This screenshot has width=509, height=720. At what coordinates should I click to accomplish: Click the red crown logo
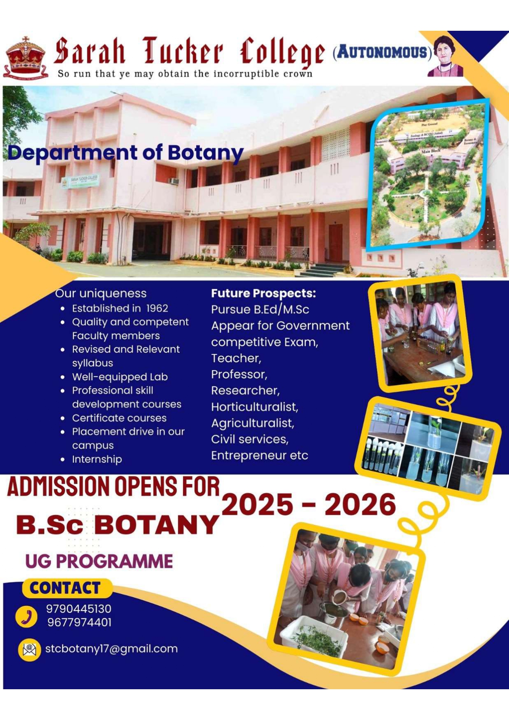(x=25, y=57)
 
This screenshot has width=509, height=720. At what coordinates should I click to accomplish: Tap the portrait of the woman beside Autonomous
(x=446, y=56)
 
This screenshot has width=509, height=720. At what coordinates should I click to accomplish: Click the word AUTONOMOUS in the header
(x=382, y=53)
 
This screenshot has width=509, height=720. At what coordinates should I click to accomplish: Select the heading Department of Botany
(x=126, y=153)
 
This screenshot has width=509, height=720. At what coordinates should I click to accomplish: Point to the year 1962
(x=157, y=309)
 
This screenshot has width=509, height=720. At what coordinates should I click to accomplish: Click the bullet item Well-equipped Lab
(x=120, y=377)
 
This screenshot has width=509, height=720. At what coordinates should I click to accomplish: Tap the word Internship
(x=97, y=459)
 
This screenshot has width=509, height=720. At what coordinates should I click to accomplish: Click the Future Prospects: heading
(x=263, y=293)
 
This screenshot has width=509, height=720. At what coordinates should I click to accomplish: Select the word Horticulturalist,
(x=254, y=407)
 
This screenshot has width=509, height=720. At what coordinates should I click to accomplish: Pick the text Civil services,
(x=250, y=439)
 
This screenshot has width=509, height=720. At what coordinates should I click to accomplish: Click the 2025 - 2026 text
(x=309, y=505)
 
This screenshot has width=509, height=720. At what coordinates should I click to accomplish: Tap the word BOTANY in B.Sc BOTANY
(x=157, y=525)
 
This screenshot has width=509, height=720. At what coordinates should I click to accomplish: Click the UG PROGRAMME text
(x=99, y=562)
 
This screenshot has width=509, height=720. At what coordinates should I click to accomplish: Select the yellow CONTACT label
(x=66, y=588)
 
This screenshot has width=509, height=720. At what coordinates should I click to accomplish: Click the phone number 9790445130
(x=79, y=609)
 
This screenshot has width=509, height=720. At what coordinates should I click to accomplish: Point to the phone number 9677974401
(x=79, y=622)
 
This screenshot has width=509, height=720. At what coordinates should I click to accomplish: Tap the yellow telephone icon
(x=27, y=617)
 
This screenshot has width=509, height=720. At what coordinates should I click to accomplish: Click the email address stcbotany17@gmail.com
(x=111, y=649)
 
